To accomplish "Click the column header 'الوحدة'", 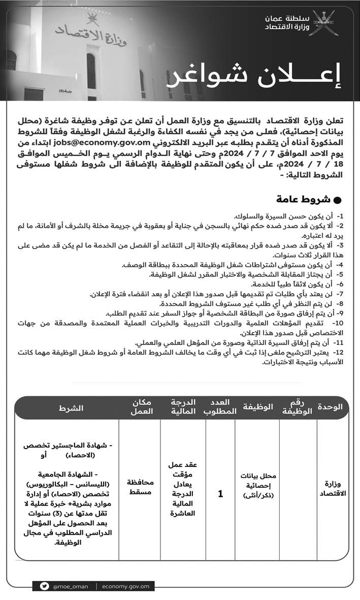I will pyautogui.click(x=330, y=407).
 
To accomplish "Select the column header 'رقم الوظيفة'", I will pyautogui.click(x=297, y=407).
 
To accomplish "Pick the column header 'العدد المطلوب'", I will pyautogui.click(x=220, y=407).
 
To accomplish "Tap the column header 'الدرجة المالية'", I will pyautogui.click(x=183, y=407).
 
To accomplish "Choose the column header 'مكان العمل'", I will pyautogui.click(x=140, y=407).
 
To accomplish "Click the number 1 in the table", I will pyautogui.click(x=220, y=493).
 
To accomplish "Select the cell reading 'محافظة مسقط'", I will pyautogui.click(x=140, y=488).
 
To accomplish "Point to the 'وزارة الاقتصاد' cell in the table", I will pyautogui.click(x=333, y=488).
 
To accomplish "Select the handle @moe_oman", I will pyautogui.click(x=70, y=586).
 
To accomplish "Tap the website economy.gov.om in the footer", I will pyautogui.click(x=125, y=586).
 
